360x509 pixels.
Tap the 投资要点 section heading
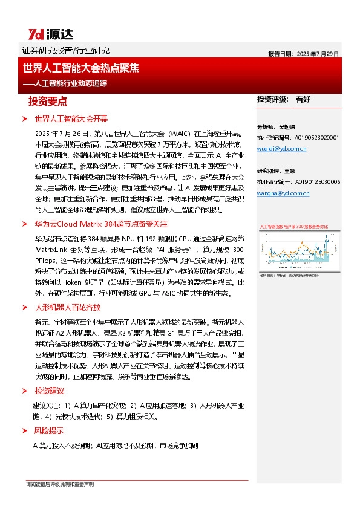(52, 101)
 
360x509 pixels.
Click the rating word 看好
(303, 99)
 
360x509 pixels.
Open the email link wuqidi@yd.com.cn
(282, 148)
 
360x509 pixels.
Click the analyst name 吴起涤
(287, 128)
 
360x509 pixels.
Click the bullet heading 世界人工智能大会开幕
(71, 118)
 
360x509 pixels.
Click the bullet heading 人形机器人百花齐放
(67, 308)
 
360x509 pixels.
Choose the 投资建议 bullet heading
(49, 374)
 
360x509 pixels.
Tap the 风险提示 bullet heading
(49, 431)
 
